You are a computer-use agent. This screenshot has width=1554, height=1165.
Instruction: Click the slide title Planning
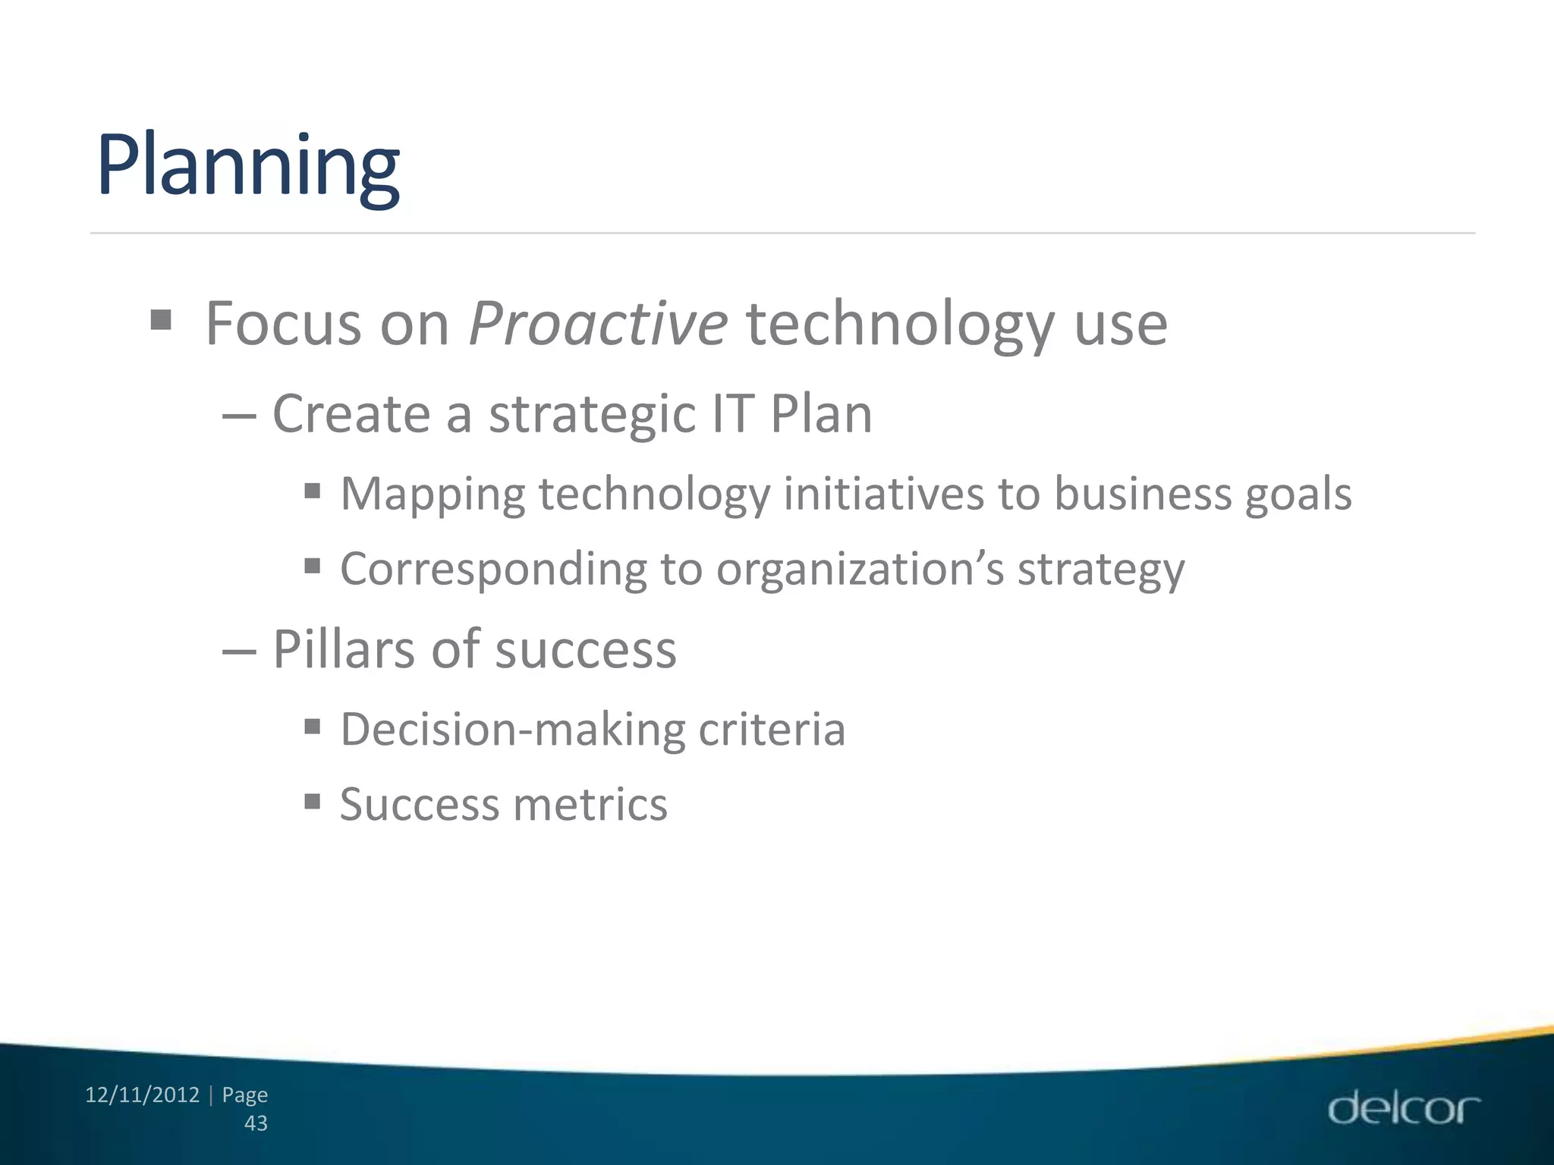(x=247, y=167)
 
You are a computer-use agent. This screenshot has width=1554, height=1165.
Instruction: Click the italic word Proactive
(x=598, y=325)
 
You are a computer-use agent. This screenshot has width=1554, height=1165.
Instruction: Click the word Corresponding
(x=493, y=570)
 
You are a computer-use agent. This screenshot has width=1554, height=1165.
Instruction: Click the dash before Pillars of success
(x=241, y=652)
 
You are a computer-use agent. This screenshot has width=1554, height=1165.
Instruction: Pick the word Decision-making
(x=512, y=730)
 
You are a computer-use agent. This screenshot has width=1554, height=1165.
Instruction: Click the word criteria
(x=772, y=730)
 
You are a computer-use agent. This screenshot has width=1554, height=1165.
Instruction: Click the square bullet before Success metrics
(x=312, y=801)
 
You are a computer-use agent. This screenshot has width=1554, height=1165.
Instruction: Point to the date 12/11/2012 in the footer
(x=143, y=1095)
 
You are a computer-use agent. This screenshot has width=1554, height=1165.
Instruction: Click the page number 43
(x=256, y=1123)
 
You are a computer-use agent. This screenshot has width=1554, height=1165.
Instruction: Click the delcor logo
(x=1403, y=1109)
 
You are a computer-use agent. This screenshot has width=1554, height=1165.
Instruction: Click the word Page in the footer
(x=244, y=1095)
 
